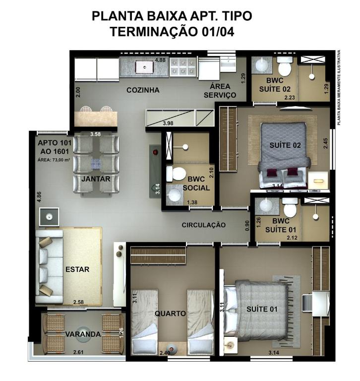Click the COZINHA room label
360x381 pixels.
(x=143, y=90)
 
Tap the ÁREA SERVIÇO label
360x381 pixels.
(x=220, y=91)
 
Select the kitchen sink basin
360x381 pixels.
(x=144, y=66)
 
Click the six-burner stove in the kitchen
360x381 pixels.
(x=183, y=67)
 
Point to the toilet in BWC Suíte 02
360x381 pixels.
(x=285, y=66)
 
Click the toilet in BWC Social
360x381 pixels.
(x=176, y=174)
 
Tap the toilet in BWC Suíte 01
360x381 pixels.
(x=290, y=208)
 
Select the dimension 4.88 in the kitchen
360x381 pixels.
(x=160, y=60)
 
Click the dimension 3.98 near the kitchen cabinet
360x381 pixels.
(x=168, y=123)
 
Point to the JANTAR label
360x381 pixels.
(x=96, y=179)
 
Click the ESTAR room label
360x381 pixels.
(x=77, y=269)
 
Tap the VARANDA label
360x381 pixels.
(x=83, y=334)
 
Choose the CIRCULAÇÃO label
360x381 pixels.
(x=204, y=225)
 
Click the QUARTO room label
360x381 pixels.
(x=170, y=314)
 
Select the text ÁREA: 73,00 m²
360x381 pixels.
(x=54, y=160)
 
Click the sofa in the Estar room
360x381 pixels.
(x=49, y=266)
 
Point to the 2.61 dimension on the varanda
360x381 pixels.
(x=78, y=352)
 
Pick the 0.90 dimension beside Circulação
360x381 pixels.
(x=247, y=226)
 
